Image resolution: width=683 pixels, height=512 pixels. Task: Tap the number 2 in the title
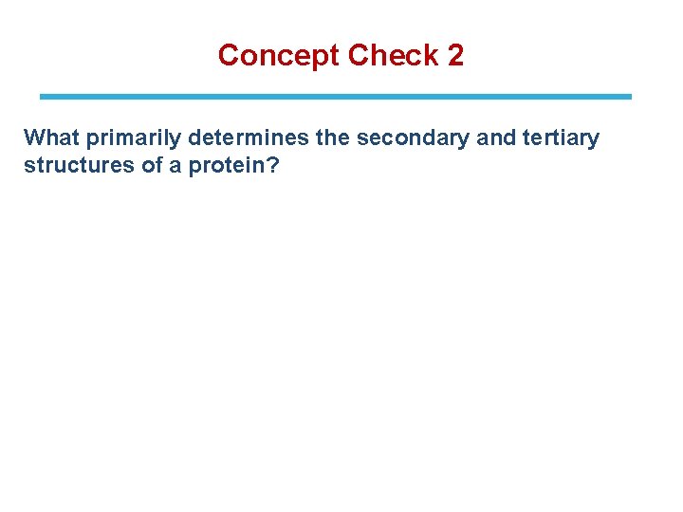tap(455, 56)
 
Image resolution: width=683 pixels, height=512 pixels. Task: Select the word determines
tap(249, 138)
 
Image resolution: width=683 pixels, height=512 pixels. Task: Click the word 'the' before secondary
tap(332, 138)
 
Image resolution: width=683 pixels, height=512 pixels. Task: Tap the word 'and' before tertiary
tap(496, 138)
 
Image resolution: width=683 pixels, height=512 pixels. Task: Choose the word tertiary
tap(561, 138)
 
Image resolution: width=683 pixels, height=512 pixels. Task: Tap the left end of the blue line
tap(42, 97)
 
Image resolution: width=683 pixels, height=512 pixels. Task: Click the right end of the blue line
tap(629, 97)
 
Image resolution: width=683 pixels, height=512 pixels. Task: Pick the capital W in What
tap(34, 138)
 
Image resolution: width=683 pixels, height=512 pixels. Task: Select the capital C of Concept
tap(228, 56)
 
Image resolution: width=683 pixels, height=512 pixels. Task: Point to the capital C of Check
tap(358, 56)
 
